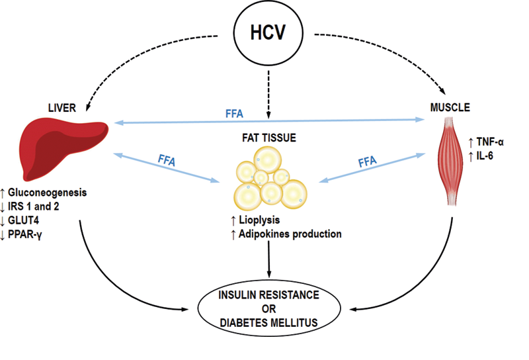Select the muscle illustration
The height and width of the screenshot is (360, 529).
coord(454,158)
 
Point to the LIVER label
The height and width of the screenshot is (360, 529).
coord(62,108)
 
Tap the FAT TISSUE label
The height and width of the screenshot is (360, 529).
coord(268,140)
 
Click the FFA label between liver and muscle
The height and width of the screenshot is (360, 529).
coord(233,113)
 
